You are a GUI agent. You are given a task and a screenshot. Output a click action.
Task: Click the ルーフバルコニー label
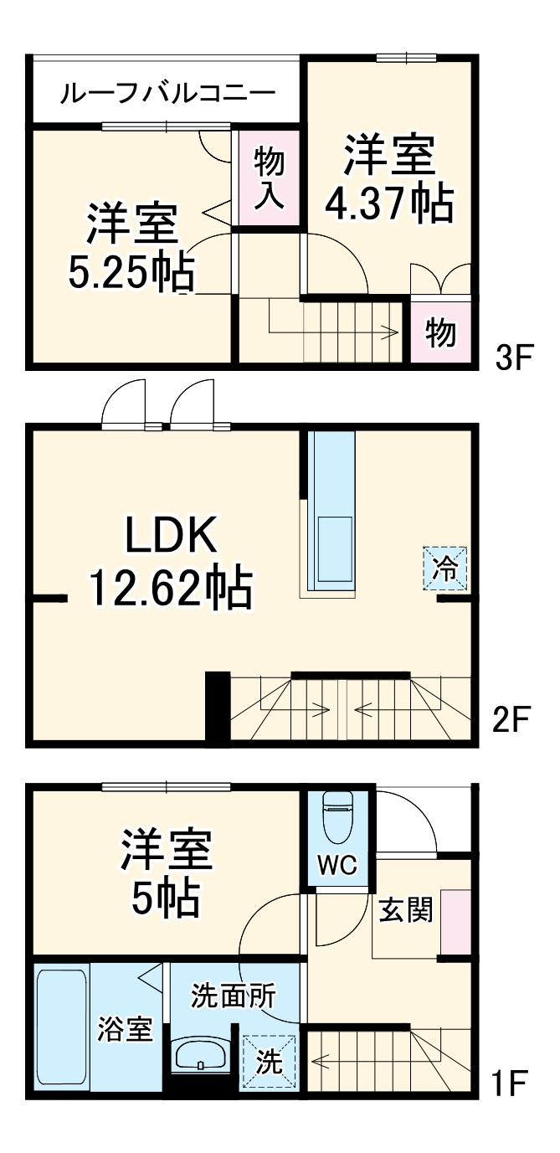[x=167, y=94]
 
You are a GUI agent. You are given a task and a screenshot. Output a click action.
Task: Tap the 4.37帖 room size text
[x=389, y=203]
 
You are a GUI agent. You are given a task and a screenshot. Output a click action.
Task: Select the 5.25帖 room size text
[x=131, y=272]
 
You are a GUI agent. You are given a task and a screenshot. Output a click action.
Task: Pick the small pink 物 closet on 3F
[x=440, y=332]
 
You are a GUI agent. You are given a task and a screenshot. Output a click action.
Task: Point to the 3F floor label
[x=512, y=358]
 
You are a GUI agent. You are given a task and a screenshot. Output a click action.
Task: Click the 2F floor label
[x=511, y=719]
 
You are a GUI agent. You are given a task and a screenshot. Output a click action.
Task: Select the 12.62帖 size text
[x=171, y=589]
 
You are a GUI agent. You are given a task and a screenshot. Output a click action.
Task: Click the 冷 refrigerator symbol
[x=444, y=569]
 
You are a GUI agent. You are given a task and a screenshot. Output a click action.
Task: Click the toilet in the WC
[x=337, y=816]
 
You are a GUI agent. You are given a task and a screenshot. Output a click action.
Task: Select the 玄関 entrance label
[x=406, y=910]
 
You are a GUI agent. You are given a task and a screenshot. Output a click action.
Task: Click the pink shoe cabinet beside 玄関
[x=456, y=921]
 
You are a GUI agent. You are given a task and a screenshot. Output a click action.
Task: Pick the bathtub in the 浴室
[x=62, y=1029]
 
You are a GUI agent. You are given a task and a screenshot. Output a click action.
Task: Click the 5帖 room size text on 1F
[x=166, y=898]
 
